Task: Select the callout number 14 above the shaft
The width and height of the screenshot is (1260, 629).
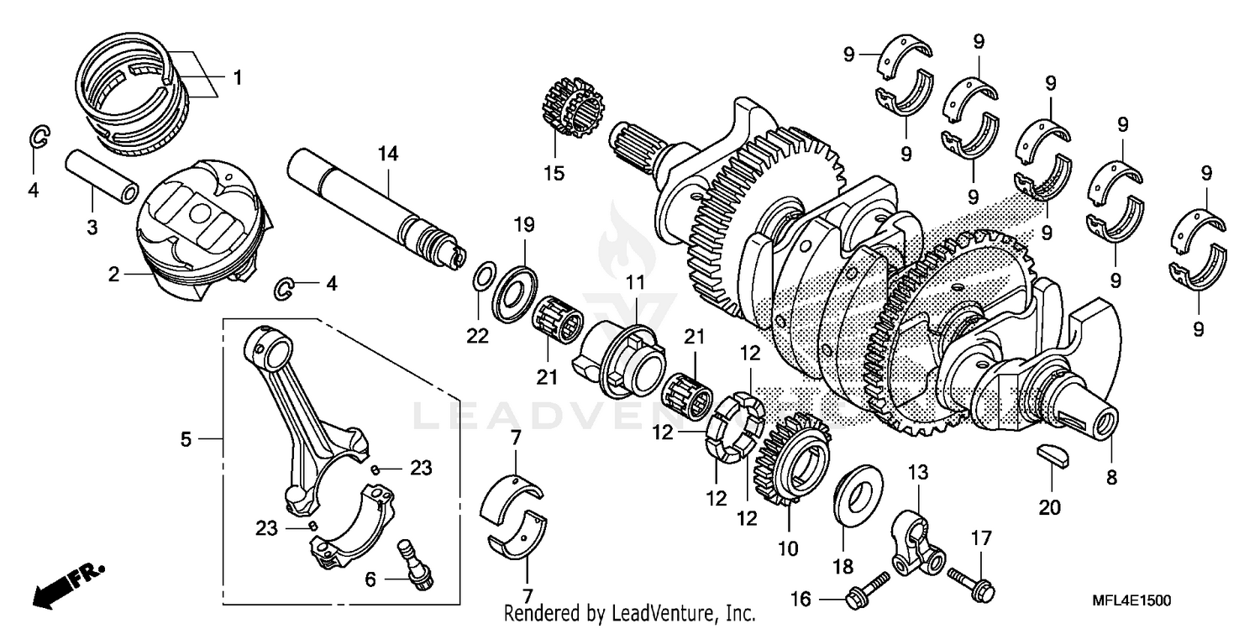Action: pos(388,155)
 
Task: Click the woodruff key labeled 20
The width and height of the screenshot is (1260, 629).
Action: pos(1050,456)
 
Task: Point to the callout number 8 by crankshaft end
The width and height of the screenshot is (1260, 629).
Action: pos(1111,478)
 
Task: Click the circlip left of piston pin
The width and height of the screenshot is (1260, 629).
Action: pos(39,139)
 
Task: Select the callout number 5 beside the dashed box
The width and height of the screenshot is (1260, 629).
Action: pos(186,438)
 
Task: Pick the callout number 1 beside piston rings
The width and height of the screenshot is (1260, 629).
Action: pos(237,78)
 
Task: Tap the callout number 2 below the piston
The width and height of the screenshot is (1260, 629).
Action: pos(114,274)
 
